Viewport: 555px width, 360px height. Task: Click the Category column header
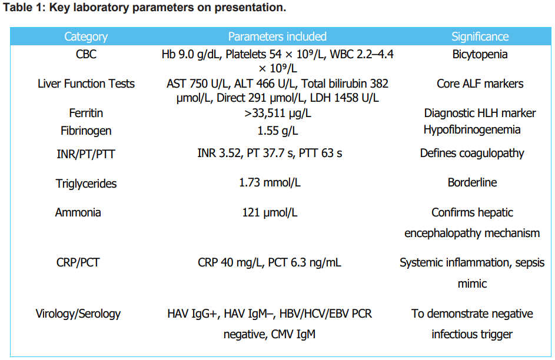(x=86, y=36)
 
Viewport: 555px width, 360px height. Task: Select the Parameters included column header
(x=277, y=36)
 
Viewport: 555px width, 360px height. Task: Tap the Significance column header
(x=480, y=36)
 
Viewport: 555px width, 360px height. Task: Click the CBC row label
(x=86, y=55)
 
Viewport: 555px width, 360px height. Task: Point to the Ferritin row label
(x=86, y=113)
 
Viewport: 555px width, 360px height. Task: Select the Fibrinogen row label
(x=86, y=131)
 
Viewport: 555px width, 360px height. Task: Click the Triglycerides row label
(x=86, y=184)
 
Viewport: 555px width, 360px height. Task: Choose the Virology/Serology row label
(x=86, y=314)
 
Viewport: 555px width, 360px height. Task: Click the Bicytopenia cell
(x=480, y=55)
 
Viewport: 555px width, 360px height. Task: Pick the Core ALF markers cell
(x=480, y=84)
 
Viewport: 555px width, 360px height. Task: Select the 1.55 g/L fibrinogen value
(x=277, y=130)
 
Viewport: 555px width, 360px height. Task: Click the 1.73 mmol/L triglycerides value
(x=270, y=183)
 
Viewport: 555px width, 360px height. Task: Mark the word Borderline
(x=472, y=182)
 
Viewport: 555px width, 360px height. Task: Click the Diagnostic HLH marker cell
(x=480, y=113)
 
